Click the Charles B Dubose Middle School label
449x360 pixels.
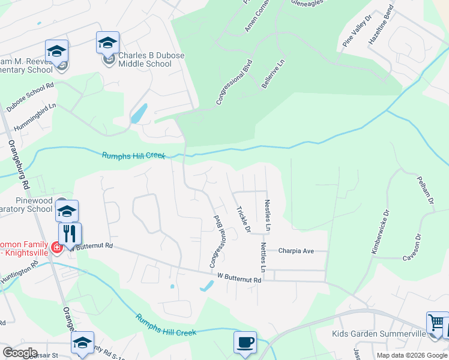[x=151, y=60]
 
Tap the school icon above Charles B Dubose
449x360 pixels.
[x=107, y=43]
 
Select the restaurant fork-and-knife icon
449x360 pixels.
[x=70, y=233]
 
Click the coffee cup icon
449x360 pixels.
[x=245, y=342]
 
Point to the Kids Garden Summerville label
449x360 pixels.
[x=378, y=333]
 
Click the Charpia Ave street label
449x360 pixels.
[x=296, y=251]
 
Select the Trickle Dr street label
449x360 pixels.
[x=243, y=219]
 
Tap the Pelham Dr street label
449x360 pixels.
[x=425, y=190]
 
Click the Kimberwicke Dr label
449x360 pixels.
[x=379, y=231]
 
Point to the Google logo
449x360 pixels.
[x=20, y=352]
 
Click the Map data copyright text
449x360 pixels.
[x=411, y=355]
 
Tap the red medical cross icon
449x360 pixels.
[x=56, y=247]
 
